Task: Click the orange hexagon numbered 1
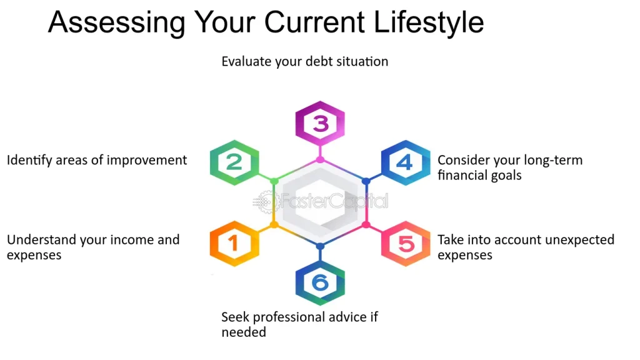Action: (x=234, y=244)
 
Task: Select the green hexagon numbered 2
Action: (x=234, y=162)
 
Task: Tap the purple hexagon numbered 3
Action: (x=320, y=123)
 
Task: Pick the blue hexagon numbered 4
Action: (x=406, y=162)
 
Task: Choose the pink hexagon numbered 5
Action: (x=406, y=244)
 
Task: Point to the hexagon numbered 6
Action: (x=320, y=283)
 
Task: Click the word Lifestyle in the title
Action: (x=429, y=23)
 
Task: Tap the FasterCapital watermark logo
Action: (x=321, y=201)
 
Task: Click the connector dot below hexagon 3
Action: (x=320, y=159)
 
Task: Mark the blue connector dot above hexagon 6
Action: (x=320, y=246)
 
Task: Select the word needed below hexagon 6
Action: (x=244, y=332)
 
